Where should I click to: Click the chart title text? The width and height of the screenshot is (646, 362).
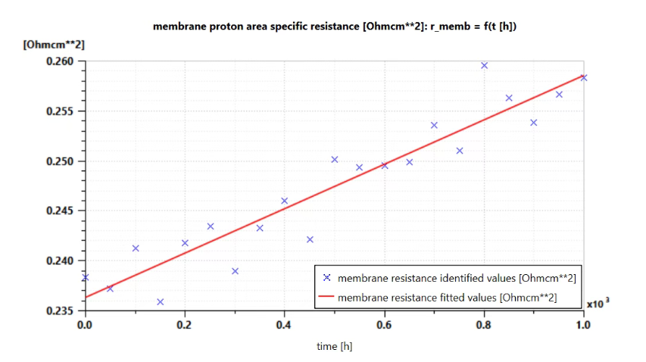click(x=335, y=27)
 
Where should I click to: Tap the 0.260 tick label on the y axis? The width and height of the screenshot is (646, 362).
click(x=60, y=61)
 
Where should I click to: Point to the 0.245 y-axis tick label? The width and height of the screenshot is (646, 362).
click(x=60, y=211)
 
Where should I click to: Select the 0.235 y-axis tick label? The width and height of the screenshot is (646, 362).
click(x=60, y=311)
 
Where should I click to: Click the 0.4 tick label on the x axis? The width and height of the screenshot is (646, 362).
click(x=284, y=325)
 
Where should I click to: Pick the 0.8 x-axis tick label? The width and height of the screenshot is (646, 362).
click(x=484, y=325)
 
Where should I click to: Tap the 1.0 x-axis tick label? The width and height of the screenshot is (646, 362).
click(x=583, y=325)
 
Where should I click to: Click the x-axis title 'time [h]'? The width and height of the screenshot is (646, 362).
click(x=335, y=346)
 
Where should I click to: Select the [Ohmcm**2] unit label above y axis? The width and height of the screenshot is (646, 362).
click(x=54, y=45)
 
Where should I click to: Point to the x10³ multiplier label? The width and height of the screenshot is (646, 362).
click(x=598, y=303)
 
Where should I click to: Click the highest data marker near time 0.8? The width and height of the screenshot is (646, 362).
click(x=485, y=65)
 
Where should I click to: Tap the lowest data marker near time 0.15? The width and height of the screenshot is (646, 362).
click(x=161, y=302)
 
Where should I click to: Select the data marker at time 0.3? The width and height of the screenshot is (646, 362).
click(x=236, y=271)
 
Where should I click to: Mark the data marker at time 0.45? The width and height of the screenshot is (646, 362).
click(x=311, y=239)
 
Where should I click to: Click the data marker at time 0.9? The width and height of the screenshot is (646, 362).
click(x=534, y=123)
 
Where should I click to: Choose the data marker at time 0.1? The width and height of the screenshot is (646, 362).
click(x=136, y=248)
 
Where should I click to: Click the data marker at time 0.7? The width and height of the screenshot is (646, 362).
click(x=434, y=125)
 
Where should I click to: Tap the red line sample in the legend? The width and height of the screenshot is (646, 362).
click(x=326, y=297)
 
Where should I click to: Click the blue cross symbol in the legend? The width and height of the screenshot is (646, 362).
click(x=326, y=278)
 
